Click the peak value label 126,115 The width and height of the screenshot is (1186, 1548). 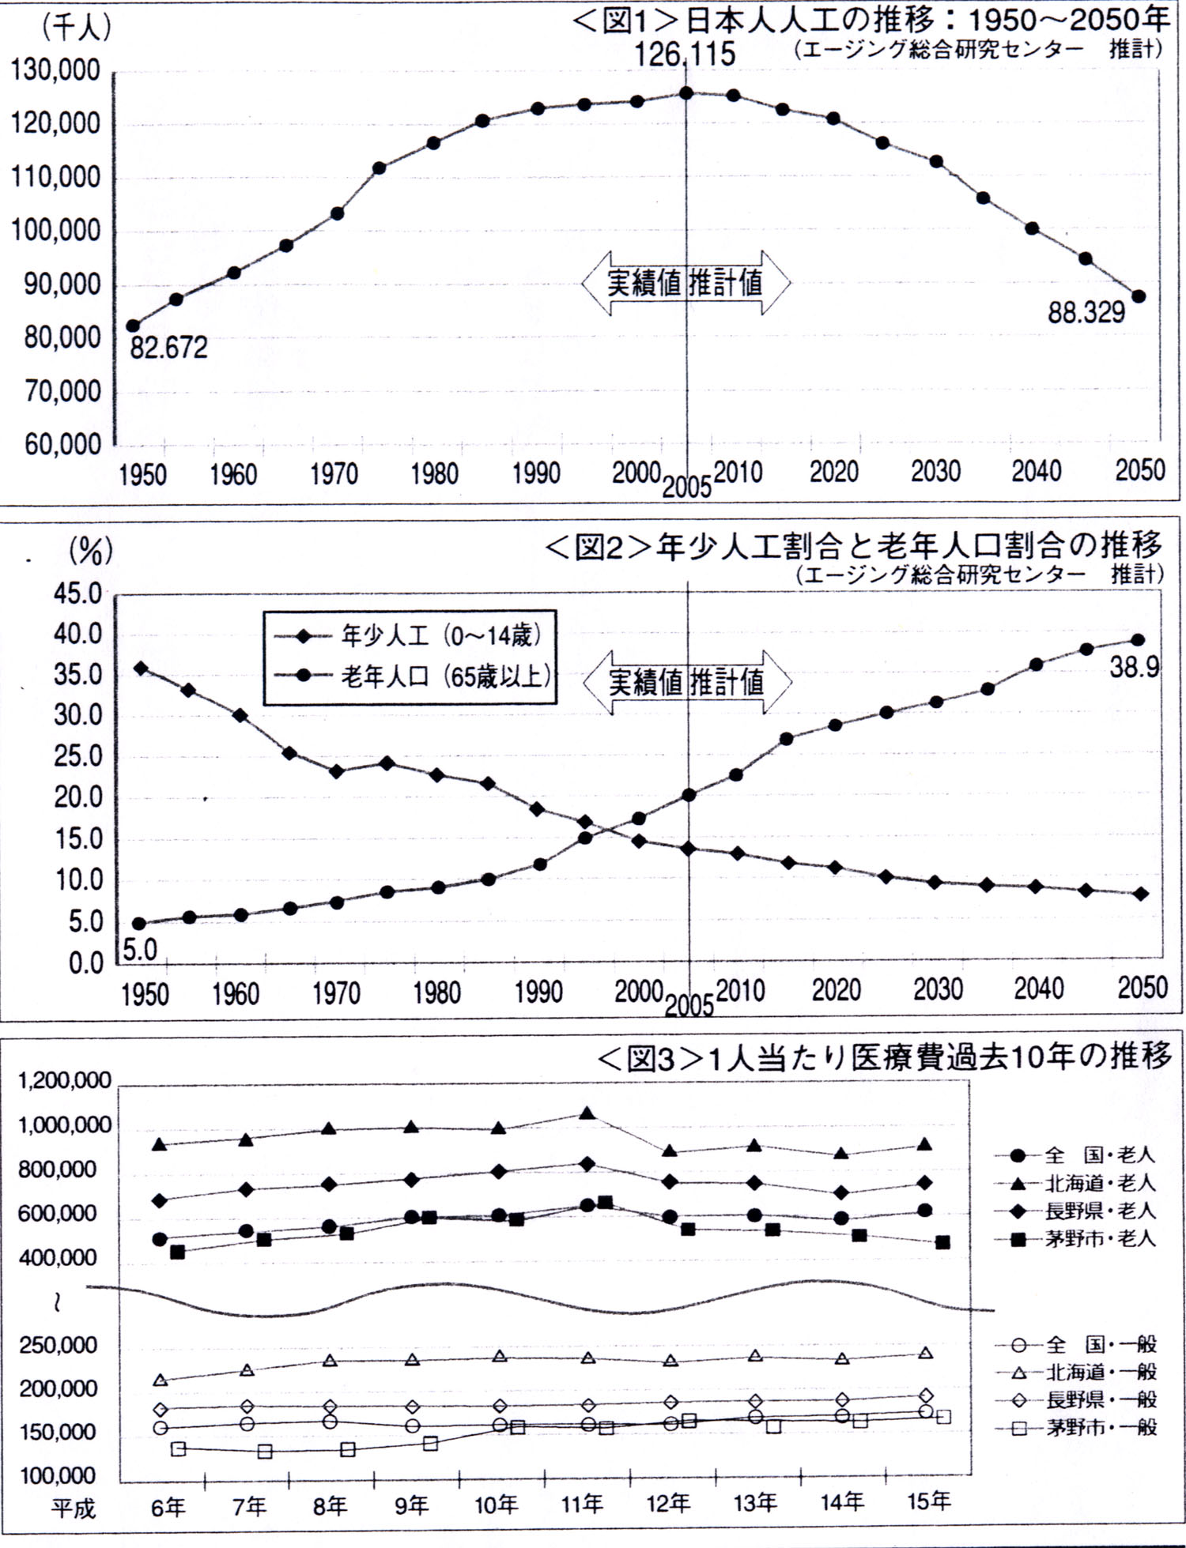click(x=685, y=54)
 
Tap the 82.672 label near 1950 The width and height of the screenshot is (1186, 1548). click(x=168, y=347)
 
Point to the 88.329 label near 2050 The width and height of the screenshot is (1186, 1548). click(x=1086, y=313)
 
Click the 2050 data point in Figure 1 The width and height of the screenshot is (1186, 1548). click(x=1139, y=296)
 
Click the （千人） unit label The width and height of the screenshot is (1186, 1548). click(x=76, y=28)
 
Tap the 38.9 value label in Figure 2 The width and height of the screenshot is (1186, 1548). click(x=1134, y=668)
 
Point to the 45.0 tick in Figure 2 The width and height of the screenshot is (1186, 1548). click(x=77, y=594)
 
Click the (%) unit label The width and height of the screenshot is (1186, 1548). click(x=90, y=551)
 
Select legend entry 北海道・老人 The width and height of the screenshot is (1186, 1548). click(x=1100, y=1183)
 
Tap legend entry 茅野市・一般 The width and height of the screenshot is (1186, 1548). click(x=1100, y=1426)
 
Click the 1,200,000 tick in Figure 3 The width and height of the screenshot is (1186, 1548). click(x=65, y=1081)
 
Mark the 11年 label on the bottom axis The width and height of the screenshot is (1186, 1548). click(x=582, y=1503)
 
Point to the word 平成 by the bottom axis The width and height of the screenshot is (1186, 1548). click(x=73, y=1508)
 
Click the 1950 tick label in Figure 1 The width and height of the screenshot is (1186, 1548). click(x=142, y=475)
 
